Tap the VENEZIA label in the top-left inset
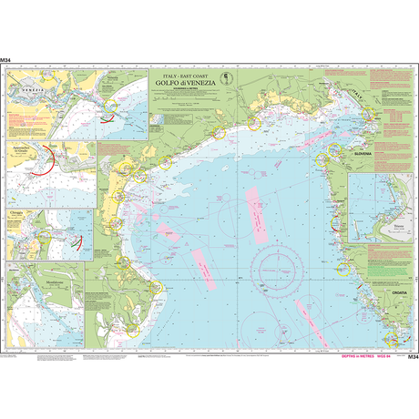click(27, 90)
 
